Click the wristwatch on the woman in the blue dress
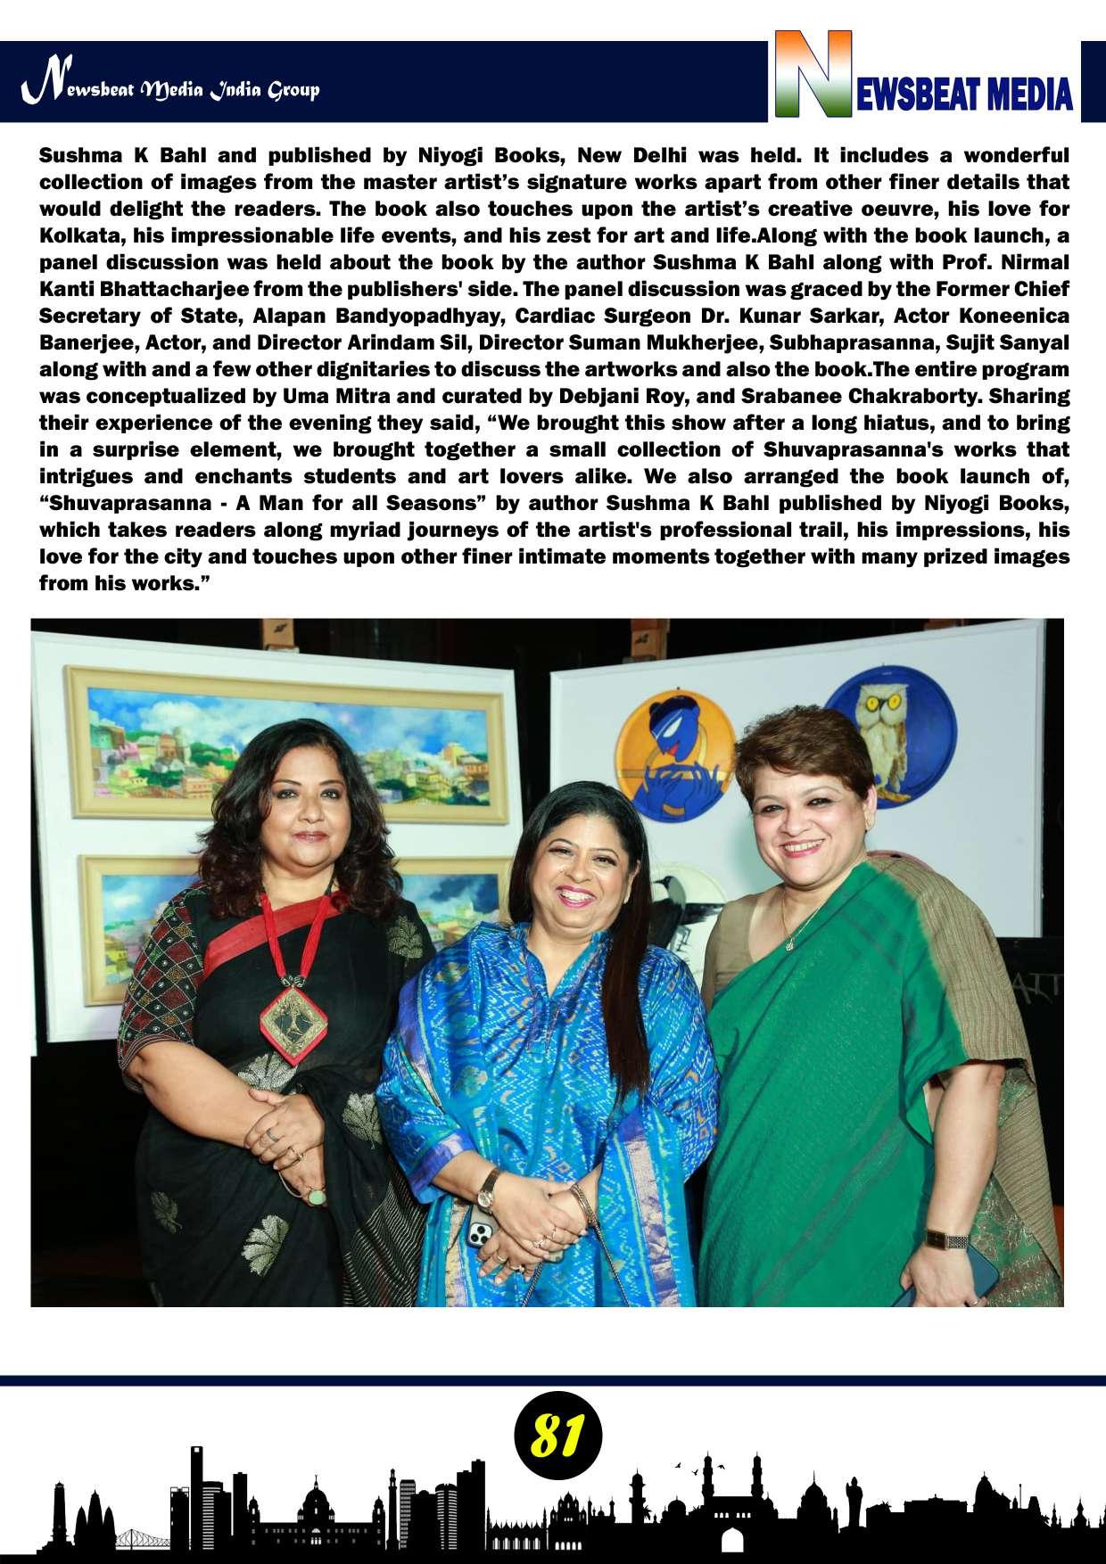tap(489, 1184)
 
